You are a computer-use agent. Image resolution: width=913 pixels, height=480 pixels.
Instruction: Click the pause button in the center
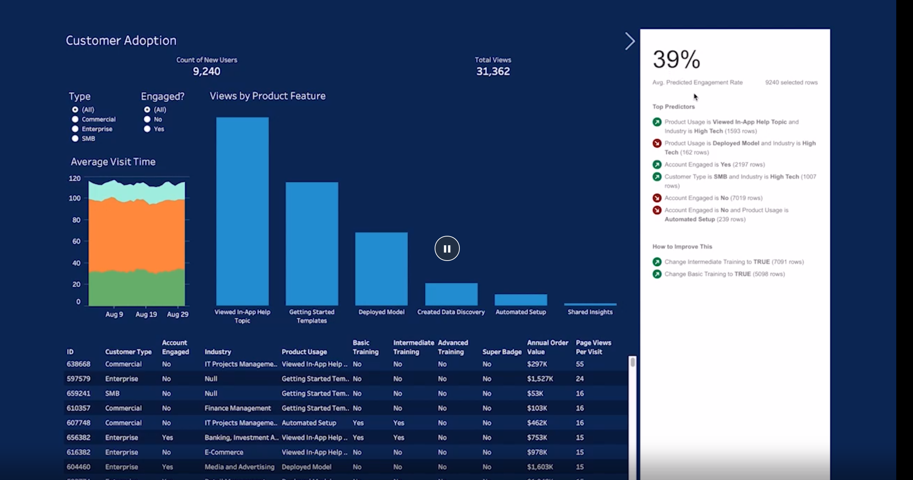coord(447,249)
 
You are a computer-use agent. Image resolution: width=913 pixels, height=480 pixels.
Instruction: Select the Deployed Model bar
coord(381,269)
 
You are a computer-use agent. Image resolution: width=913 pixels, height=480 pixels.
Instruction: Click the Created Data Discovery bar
coord(451,294)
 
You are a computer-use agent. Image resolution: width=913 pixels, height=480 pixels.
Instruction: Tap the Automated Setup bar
coord(521,299)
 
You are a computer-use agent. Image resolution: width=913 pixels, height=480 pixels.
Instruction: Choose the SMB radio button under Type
coord(75,138)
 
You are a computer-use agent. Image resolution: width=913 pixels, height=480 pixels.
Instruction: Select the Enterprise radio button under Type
coord(75,129)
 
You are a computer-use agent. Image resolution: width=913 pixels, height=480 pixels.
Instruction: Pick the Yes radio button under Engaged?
coord(147,129)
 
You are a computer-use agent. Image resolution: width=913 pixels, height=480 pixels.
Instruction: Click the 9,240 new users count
coord(206,71)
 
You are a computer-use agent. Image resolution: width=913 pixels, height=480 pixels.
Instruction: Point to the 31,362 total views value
coord(493,71)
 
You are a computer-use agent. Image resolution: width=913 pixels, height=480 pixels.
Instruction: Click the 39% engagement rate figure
coord(676,59)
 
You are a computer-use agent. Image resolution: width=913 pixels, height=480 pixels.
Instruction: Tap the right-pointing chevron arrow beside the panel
coord(630,41)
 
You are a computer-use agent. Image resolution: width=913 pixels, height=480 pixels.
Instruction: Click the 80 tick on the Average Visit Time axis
coord(76,220)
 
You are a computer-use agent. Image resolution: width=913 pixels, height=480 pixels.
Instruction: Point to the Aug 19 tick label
coord(146,314)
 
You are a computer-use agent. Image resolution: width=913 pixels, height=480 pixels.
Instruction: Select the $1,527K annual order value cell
coord(540,379)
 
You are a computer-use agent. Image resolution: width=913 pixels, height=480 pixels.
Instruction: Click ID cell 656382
coord(78,437)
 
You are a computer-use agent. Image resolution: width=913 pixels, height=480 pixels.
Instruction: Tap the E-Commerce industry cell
coord(224,452)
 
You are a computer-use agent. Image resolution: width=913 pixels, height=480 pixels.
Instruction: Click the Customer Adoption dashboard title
coord(121,40)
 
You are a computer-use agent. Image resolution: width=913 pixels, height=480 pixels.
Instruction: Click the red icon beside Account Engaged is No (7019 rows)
coord(657,198)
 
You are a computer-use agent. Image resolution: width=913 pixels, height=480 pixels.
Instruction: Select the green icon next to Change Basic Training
coord(657,274)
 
